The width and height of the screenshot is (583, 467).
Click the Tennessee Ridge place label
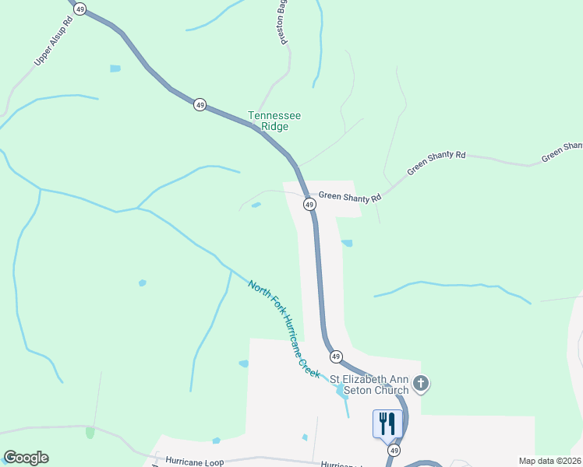274,121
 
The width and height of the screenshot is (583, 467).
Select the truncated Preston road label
286,22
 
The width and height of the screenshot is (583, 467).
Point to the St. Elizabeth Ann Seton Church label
369,385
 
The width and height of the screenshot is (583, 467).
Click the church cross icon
421,383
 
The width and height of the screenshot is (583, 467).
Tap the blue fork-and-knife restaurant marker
387,424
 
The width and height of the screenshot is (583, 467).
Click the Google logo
26,458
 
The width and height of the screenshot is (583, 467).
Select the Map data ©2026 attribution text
550,461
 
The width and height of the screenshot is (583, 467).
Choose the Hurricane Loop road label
195,462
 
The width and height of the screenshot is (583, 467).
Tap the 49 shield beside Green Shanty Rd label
309,205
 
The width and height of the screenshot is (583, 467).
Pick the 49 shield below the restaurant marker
395,451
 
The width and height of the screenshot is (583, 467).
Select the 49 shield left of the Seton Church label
336,356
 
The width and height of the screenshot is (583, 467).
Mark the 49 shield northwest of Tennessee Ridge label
200,104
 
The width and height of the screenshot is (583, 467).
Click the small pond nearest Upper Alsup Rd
115,68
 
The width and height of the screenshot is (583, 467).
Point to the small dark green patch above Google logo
90,432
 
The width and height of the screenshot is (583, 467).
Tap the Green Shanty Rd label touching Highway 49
349,198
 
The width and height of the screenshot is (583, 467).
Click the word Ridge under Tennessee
274,127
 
